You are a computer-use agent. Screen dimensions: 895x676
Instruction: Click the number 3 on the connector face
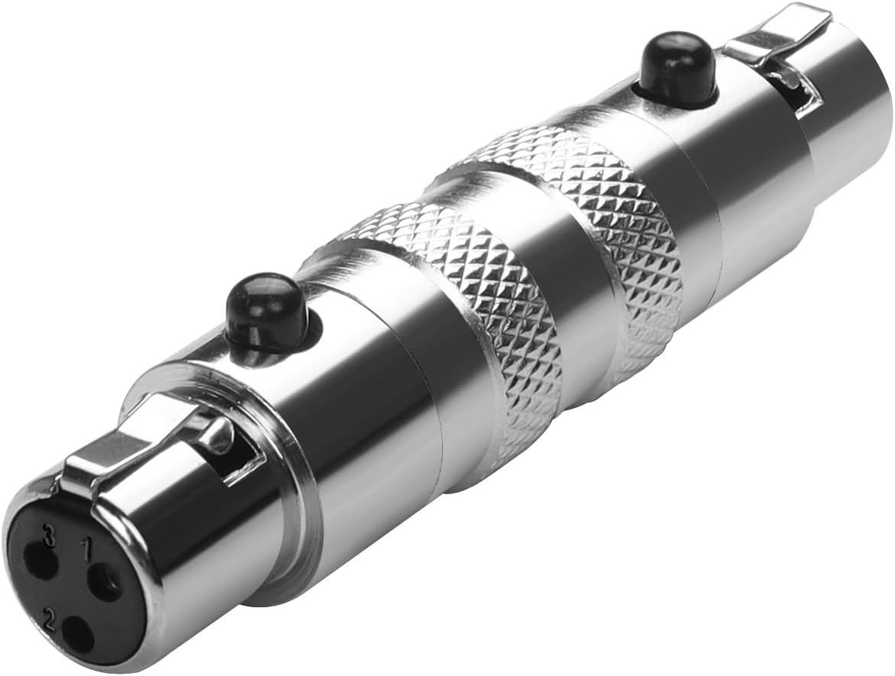point(51,538)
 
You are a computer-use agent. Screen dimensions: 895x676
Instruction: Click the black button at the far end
point(661,68)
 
